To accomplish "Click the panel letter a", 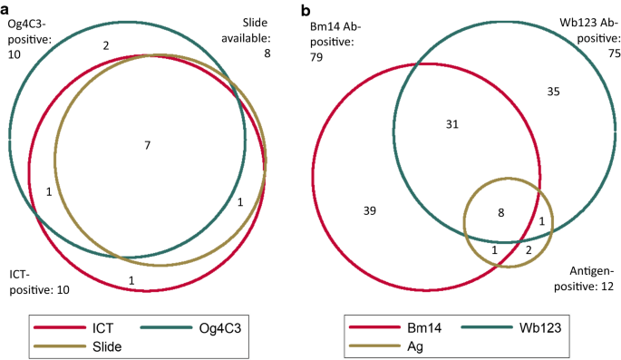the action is (6, 7).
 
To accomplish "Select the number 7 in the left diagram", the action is (147, 145).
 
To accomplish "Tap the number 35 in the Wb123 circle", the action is (554, 91).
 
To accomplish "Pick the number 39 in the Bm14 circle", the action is (369, 210).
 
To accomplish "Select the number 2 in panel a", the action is (106, 44).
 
